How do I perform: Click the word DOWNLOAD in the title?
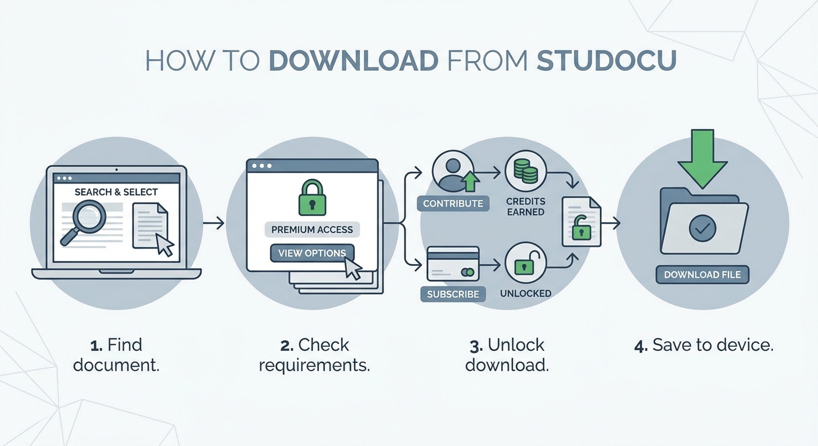354,60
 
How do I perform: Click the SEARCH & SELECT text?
116,192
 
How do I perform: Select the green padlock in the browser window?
312,197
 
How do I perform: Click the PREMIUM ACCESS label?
312,229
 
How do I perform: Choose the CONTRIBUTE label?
453,203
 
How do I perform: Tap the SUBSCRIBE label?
453,294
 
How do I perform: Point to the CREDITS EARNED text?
526,206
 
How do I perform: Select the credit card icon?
453,264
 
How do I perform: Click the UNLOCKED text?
526,293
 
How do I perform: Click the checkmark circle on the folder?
702,229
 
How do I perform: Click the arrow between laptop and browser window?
213,222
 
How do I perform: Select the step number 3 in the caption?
476,346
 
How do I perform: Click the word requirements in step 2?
314,366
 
